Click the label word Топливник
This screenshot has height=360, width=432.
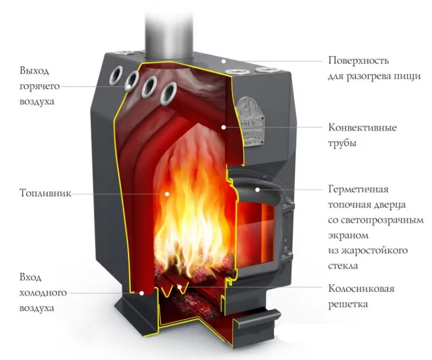(45, 193)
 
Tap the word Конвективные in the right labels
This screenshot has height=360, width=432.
(362, 127)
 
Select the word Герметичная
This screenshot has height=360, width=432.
(358, 189)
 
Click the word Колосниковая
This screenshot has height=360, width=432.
(361, 288)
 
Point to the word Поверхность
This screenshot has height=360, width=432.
(358, 60)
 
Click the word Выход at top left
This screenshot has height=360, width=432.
(34, 71)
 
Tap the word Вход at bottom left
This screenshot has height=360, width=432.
(30, 277)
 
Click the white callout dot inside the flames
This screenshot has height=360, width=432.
(167, 194)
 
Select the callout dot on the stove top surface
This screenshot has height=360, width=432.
(224, 61)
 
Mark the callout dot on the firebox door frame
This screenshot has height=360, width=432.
(257, 189)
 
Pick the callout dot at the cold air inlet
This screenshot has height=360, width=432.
(142, 293)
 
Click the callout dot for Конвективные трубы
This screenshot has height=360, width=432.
(224, 127)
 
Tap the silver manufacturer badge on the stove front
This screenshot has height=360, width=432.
(251, 121)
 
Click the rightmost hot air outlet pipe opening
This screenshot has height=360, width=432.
(168, 93)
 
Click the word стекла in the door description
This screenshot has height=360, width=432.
(343, 266)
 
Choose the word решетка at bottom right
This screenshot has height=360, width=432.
(348, 304)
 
